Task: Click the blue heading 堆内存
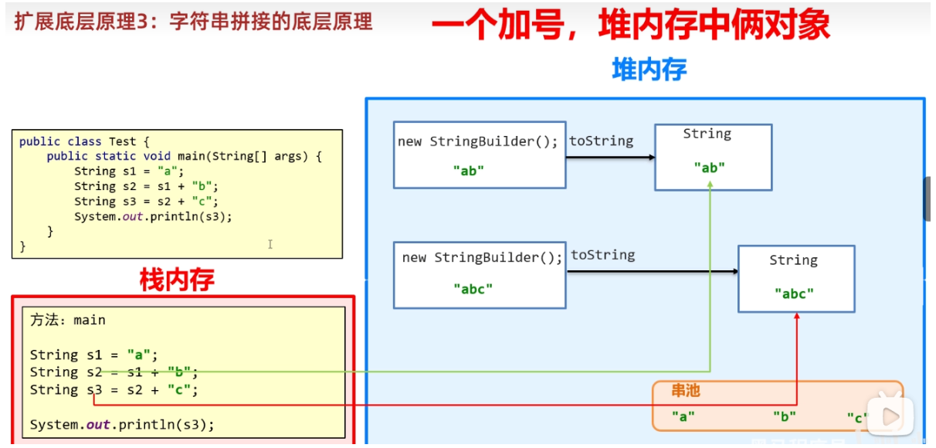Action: point(649,70)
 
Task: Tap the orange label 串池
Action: point(686,392)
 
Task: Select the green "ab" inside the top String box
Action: point(709,167)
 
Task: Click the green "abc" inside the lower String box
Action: point(794,294)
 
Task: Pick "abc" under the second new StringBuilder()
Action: point(473,289)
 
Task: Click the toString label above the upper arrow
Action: point(601,141)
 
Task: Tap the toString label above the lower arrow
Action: point(602,255)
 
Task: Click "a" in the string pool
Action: point(683,416)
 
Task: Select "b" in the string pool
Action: point(784,416)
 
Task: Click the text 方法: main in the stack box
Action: point(68,320)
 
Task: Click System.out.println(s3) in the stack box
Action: point(122,424)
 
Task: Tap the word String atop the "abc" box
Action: point(793,260)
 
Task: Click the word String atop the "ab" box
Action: point(707,134)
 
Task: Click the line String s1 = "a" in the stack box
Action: point(93,355)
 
